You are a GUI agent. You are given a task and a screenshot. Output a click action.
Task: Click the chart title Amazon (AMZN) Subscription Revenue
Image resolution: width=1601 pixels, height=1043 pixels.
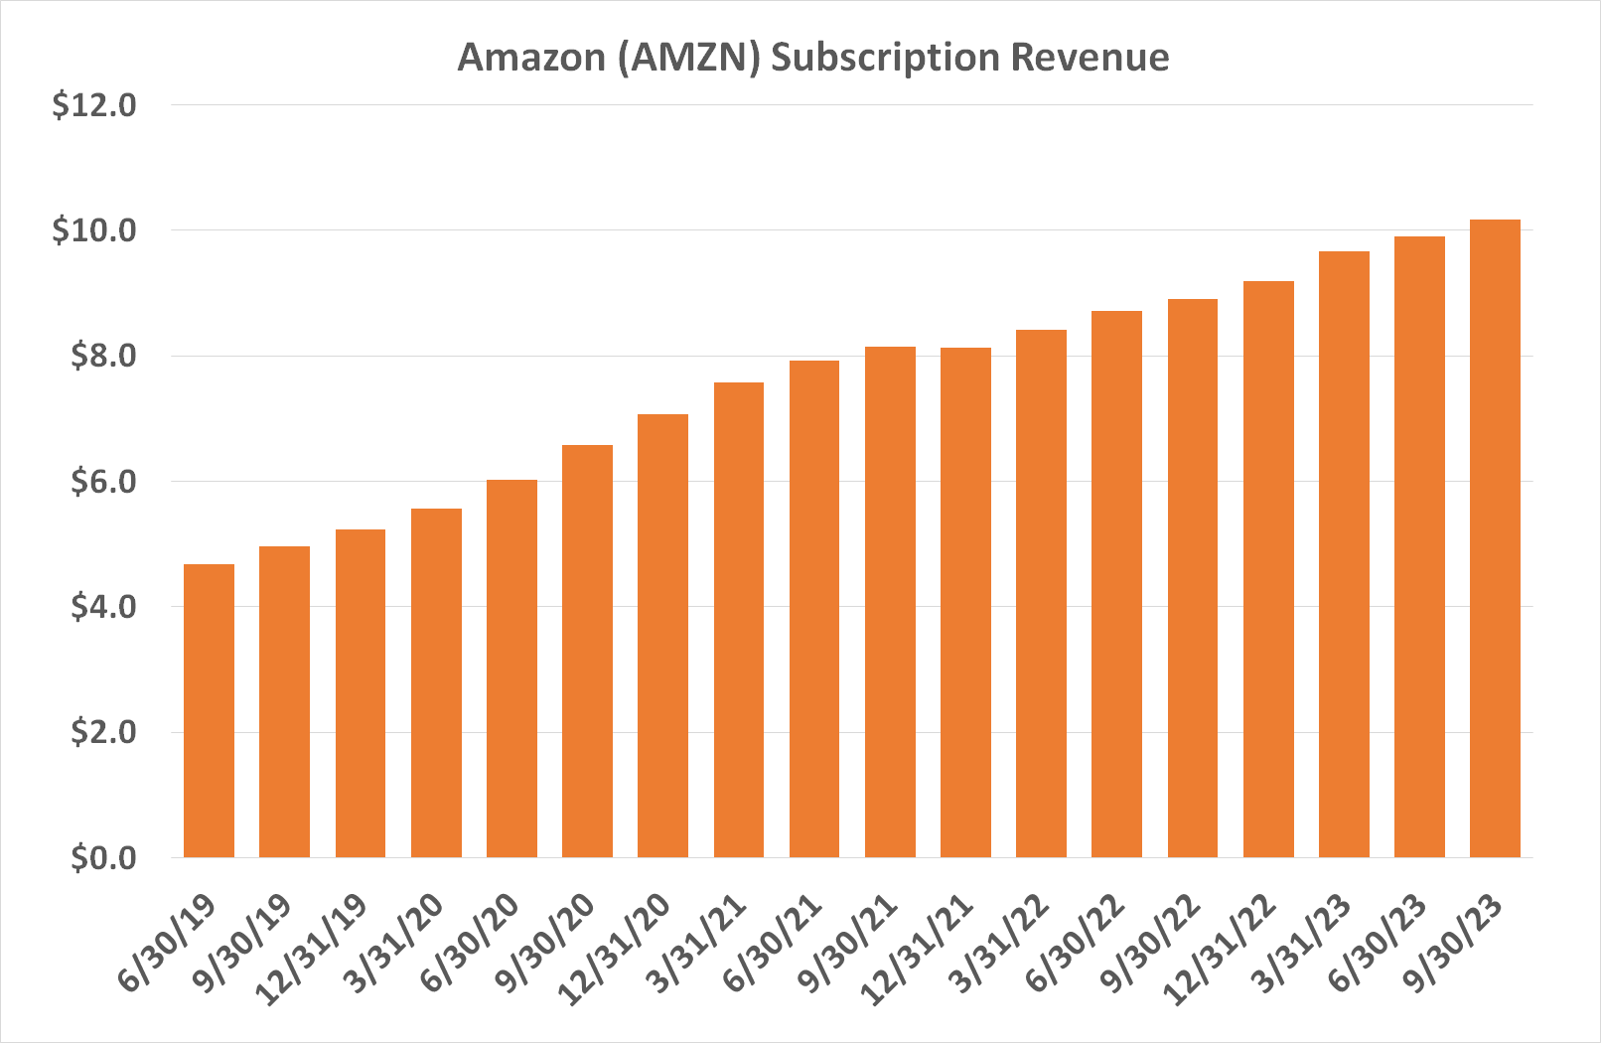(812, 57)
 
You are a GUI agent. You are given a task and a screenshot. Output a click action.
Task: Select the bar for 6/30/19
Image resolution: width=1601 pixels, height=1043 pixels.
(209, 710)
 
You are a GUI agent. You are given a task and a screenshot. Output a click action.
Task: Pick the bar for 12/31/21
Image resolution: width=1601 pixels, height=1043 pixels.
(965, 602)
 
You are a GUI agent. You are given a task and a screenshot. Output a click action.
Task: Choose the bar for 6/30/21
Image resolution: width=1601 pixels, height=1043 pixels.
(814, 609)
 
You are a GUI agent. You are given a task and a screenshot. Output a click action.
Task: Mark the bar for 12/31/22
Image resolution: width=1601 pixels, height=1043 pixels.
(1268, 569)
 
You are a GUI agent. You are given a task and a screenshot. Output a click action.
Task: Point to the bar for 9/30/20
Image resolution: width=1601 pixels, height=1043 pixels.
(587, 651)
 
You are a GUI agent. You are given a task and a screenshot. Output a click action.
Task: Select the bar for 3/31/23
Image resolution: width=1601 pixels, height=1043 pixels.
(1344, 554)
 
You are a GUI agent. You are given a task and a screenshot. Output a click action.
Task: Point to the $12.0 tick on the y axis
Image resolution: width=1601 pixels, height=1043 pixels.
(94, 104)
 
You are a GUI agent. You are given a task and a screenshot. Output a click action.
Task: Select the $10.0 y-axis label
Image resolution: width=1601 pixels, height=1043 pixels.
(94, 230)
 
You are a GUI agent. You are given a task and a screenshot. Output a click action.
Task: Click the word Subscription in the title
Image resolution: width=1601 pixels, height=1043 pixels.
(885, 59)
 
